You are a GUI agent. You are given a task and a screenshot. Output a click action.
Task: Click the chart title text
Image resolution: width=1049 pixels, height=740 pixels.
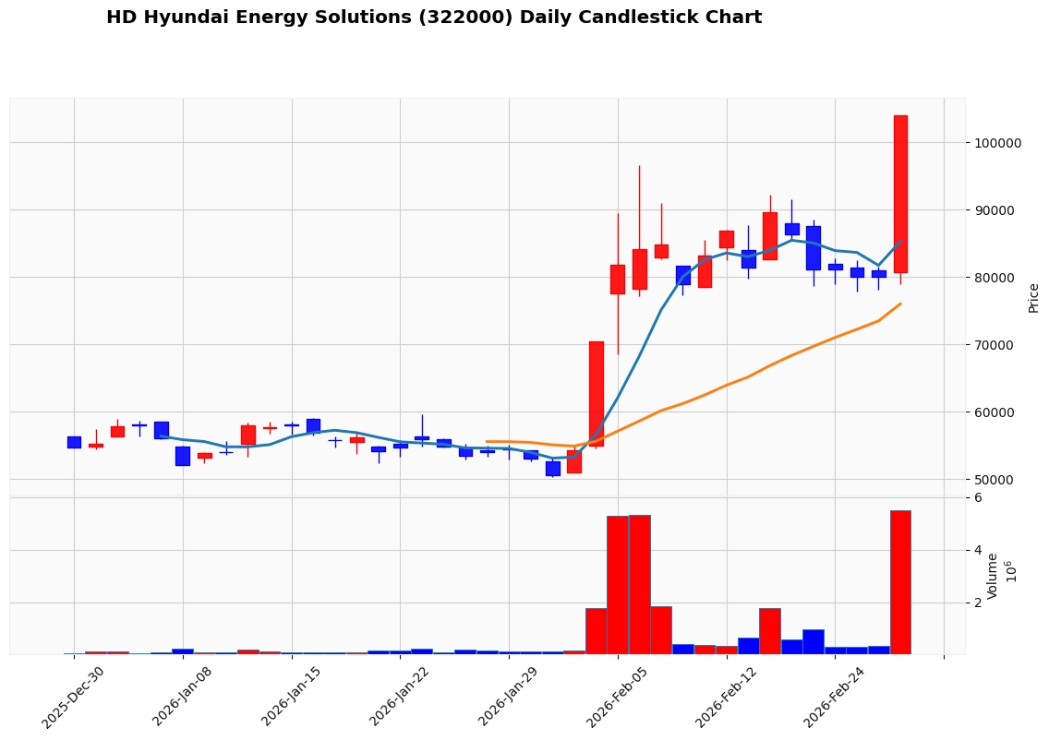coord(434,18)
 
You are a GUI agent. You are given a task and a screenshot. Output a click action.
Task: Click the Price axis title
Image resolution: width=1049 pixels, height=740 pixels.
coord(1033,298)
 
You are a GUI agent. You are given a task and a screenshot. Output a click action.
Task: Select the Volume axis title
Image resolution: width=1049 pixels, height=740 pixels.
coord(994,576)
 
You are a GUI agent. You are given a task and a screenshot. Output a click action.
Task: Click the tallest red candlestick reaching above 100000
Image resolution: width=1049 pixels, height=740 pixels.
coord(900,194)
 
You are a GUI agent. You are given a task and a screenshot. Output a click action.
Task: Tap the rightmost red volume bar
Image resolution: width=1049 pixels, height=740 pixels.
coord(900,582)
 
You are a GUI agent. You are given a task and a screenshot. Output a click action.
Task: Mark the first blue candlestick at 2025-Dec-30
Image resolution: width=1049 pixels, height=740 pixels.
coord(74,442)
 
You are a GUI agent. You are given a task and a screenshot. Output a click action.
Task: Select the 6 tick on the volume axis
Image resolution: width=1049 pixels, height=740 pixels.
coord(978,498)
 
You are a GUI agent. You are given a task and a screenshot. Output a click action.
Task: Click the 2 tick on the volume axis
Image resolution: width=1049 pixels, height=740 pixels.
coord(978,603)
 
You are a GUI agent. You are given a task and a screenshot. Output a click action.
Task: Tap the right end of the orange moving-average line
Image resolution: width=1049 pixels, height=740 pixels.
coord(901,304)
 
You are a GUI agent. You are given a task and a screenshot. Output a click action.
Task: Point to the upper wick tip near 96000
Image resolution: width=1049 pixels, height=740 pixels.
coord(639,166)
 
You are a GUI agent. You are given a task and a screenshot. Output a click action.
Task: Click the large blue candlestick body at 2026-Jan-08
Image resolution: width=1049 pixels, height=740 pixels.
coord(183,456)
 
